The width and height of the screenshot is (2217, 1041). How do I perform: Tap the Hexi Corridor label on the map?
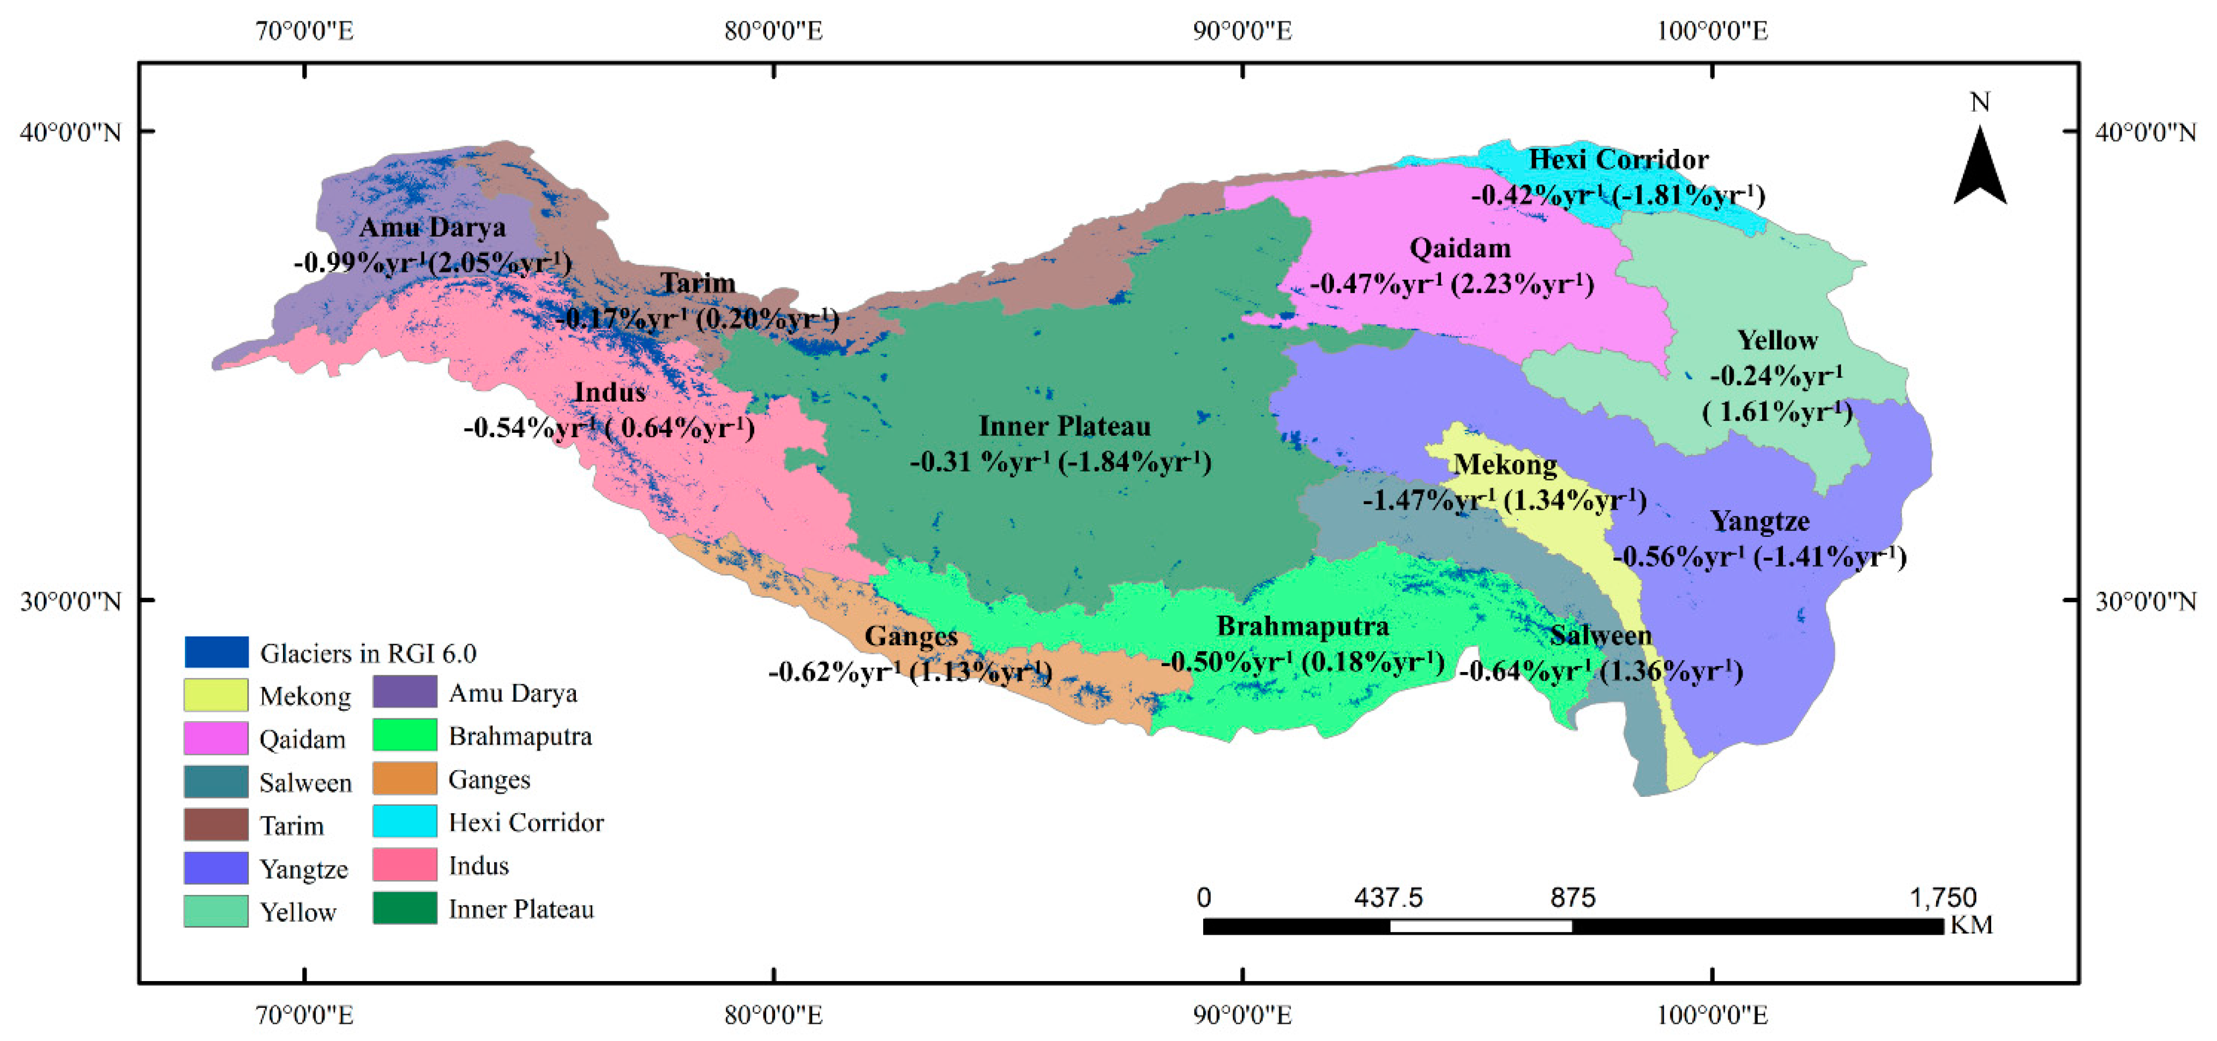pos(1618,160)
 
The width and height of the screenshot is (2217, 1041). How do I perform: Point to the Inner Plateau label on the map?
pos(1065,427)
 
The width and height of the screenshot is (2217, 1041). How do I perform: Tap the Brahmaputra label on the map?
pos(1302,626)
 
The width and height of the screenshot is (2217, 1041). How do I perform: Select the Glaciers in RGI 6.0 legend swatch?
pos(216,652)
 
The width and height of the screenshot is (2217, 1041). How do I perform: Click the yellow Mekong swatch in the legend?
pos(216,695)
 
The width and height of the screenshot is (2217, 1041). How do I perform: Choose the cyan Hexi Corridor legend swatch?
pos(405,821)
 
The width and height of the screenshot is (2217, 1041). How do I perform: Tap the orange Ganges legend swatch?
pos(405,779)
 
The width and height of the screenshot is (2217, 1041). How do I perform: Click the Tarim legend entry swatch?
pos(216,824)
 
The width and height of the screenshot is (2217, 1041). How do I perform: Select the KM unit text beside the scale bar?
pos(1971,925)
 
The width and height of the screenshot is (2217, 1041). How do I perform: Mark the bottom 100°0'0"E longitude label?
pos(1712,1016)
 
